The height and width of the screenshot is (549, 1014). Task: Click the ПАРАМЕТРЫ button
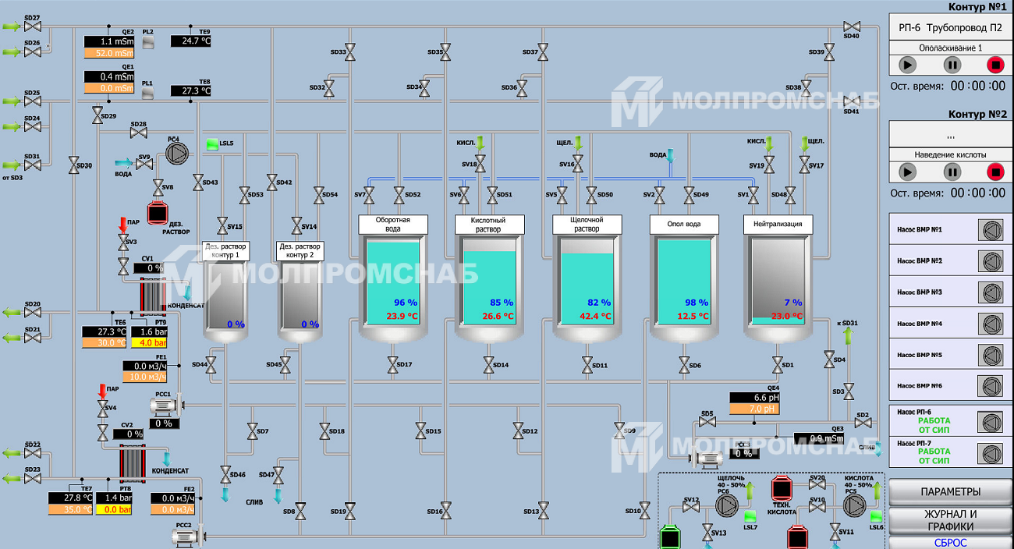[950, 491]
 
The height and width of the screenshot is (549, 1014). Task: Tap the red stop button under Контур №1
[995, 65]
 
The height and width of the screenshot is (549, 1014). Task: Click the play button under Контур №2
[907, 172]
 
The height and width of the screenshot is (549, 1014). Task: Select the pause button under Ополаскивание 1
[952, 65]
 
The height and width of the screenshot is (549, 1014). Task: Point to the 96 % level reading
[406, 303]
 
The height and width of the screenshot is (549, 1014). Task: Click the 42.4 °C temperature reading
[597, 317]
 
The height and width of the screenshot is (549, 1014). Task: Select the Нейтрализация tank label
[778, 225]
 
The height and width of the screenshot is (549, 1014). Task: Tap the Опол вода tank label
[683, 225]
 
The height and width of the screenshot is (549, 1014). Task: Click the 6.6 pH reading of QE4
[754, 397]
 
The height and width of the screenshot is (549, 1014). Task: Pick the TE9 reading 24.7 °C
[191, 41]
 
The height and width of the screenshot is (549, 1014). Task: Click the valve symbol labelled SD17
[392, 364]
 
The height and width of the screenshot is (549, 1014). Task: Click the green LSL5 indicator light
[212, 144]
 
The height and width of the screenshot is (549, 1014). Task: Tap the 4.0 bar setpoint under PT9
[148, 342]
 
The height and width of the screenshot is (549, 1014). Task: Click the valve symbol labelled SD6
[684, 364]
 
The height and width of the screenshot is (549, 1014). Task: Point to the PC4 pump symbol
[173, 154]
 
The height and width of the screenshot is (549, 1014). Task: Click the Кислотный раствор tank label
[488, 225]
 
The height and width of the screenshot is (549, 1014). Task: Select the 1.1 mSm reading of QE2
[110, 41]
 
